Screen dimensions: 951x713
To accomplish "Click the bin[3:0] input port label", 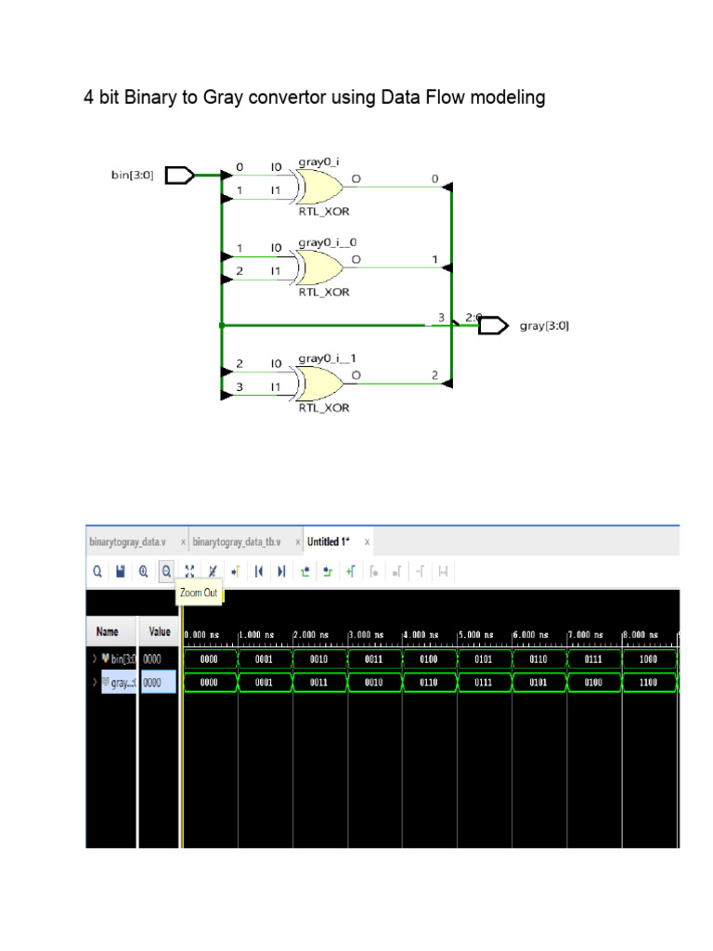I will point(133,174).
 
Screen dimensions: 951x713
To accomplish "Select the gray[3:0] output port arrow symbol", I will point(494,325).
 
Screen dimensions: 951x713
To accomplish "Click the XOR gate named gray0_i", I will point(318,186).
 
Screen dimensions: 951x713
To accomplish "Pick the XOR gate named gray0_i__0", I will point(318,267).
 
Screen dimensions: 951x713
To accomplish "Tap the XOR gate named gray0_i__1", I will point(318,382).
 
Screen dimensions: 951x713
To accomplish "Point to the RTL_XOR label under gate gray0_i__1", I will point(323,407).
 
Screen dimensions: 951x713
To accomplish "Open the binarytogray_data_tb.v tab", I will point(237,541).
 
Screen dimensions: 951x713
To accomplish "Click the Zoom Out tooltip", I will point(200,593).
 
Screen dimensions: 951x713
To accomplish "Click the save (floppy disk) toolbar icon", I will point(121,572).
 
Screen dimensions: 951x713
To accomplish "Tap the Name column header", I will point(108,632).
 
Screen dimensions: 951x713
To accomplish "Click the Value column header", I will point(160,632).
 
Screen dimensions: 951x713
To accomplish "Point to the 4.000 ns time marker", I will point(422,634).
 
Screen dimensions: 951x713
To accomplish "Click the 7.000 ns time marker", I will point(587,634).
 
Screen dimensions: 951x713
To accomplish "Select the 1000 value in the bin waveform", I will point(649,659).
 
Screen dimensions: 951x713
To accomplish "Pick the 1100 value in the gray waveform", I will point(649,682).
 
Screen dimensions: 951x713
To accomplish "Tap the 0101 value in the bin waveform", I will point(484,659).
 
